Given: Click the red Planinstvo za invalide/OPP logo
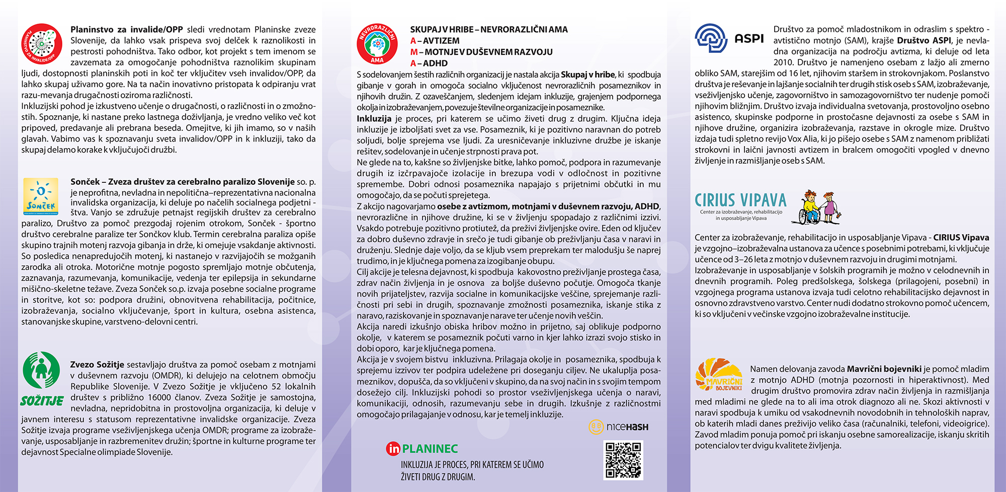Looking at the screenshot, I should (x=42, y=44).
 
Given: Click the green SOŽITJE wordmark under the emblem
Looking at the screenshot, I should (x=42, y=401).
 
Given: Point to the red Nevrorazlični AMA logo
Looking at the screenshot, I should (x=377, y=44).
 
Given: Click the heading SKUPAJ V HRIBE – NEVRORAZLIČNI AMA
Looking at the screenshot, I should (x=488, y=30).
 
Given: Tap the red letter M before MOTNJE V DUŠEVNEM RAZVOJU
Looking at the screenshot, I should (x=413, y=52).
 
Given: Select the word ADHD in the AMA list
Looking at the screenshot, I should (x=435, y=63).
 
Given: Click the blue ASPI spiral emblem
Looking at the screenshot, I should (x=711, y=38).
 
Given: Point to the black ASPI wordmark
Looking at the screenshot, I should (x=749, y=39).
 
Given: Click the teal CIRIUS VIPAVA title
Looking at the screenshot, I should (x=740, y=200).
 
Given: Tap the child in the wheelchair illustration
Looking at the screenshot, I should (x=810, y=208).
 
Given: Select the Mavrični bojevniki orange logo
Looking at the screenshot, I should (x=719, y=375).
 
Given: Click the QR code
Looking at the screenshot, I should (x=623, y=460).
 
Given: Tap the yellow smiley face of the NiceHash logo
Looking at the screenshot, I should (x=596, y=427).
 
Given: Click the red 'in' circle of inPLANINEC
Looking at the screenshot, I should (x=393, y=449).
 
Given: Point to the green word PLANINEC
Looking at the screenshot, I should (x=430, y=449).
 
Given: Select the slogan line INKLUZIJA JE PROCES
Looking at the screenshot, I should (x=472, y=465).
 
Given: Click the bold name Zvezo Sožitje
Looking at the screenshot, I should (x=97, y=365).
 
